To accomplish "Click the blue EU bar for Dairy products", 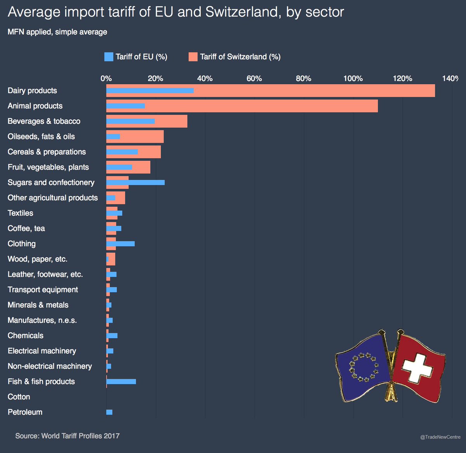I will pos(150,90).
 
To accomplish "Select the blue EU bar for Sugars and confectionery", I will pos(135,182).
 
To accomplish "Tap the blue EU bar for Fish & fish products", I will pos(121,382).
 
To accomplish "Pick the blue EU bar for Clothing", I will pos(120,244).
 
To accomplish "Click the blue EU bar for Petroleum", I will pos(109,412).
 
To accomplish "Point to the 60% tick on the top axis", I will pos(254,78).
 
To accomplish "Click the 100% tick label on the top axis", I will pos(353,78).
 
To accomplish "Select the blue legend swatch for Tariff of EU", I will pos(109,57).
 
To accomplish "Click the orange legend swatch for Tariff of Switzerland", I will pos(193,57).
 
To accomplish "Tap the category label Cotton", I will pos(19,397).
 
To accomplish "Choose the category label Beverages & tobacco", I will pos(44,121).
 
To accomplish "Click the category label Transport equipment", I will pos(43,290).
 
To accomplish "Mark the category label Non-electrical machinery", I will pos(50,366).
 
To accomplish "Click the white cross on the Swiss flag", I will pos(417,366).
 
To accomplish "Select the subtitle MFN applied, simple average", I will pos(57,32).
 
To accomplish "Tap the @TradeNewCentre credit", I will pos(440,437).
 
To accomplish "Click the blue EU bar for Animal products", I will pos(125,106).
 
